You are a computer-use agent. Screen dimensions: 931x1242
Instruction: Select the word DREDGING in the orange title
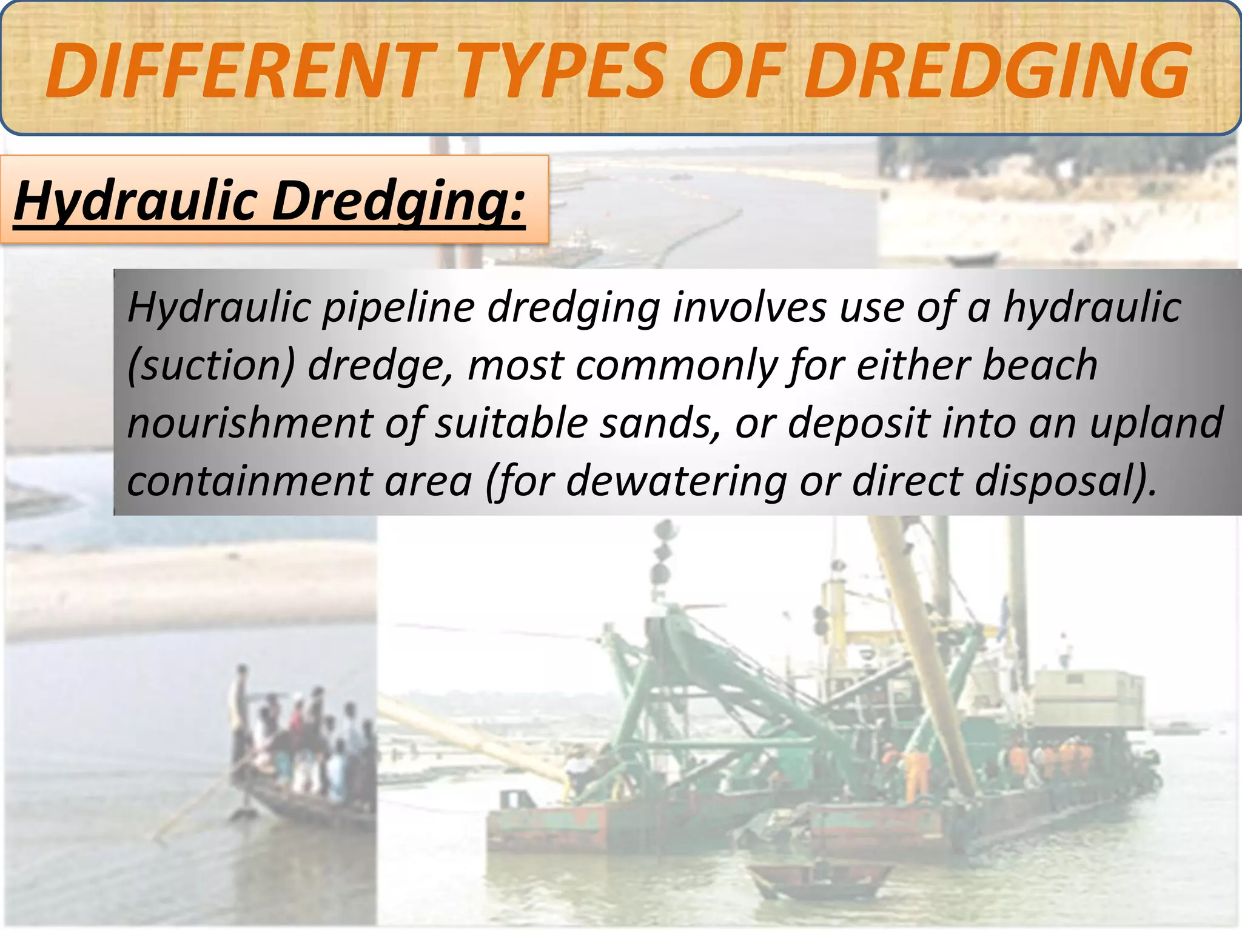coord(995,72)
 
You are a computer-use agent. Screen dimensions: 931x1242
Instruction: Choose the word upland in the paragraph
coord(1156,423)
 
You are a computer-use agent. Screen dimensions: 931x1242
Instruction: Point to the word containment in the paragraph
coord(249,481)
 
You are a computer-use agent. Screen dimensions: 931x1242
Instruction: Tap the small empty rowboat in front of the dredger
coord(813,879)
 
